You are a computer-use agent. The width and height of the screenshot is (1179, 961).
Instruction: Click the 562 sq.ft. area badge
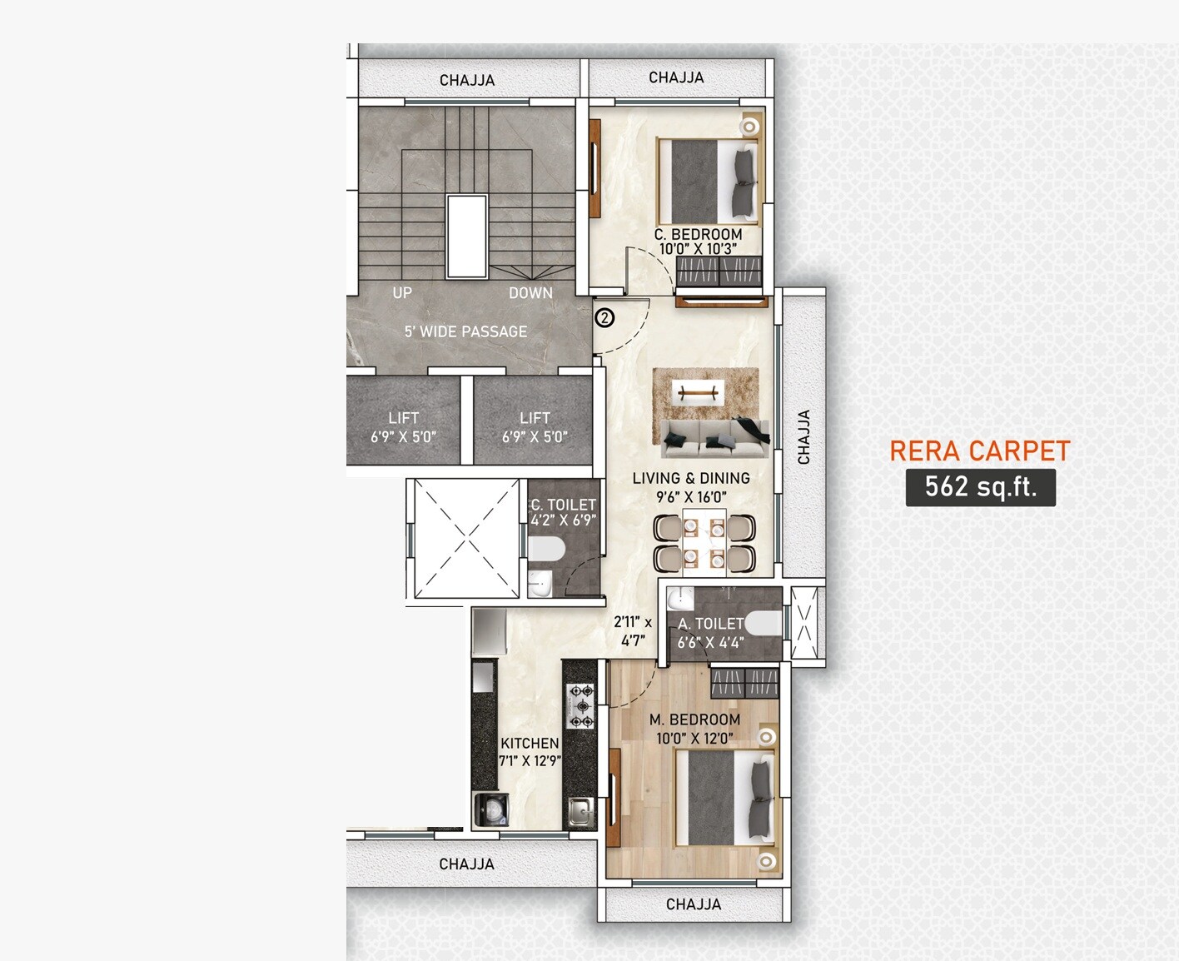980,487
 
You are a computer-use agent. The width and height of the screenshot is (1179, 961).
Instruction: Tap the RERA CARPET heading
979,451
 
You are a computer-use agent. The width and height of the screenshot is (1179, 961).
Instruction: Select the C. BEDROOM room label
698,234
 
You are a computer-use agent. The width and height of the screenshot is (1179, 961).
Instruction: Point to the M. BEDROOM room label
694,720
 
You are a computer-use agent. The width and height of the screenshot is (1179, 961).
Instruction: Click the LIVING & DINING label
691,478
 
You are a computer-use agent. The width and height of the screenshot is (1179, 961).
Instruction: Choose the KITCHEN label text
530,743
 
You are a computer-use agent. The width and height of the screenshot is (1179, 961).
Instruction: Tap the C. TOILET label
564,505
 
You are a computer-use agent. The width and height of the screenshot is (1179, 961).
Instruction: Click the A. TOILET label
710,624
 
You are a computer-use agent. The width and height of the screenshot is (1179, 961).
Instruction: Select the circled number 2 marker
605,317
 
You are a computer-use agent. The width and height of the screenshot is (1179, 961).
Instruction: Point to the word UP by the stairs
402,293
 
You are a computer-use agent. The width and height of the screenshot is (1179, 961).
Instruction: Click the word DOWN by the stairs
530,293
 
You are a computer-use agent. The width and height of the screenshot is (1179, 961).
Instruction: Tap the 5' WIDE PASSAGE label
465,331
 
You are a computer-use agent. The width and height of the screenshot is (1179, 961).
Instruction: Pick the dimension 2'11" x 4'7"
633,631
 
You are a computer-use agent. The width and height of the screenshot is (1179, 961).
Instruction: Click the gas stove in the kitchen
580,705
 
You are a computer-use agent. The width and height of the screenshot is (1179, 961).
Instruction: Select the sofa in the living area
714,438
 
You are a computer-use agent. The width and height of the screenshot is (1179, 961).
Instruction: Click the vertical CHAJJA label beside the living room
803,437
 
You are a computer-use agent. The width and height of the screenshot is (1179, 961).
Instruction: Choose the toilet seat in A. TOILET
763,623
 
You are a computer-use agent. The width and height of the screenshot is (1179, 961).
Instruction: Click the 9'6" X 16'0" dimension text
691,497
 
